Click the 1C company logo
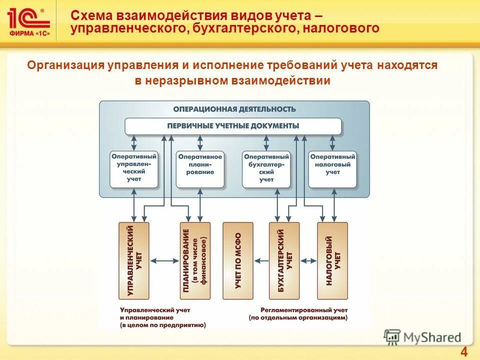[28, 20]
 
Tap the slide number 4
[463, 351]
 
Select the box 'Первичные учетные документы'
[233, 126]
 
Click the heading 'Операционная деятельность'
[234, 109]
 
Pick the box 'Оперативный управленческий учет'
[134, 168]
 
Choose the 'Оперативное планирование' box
[200, 168]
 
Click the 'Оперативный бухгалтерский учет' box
[266, 168]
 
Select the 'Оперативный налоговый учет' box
[332, 168]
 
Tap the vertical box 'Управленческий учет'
[133, 260]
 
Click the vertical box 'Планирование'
[195, 260]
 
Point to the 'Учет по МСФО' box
[238, 260]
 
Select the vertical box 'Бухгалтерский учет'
[284, 260]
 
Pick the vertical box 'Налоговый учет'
[332, 260]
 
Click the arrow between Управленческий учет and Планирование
[164, 260]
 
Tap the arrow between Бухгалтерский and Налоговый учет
[308, 260]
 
